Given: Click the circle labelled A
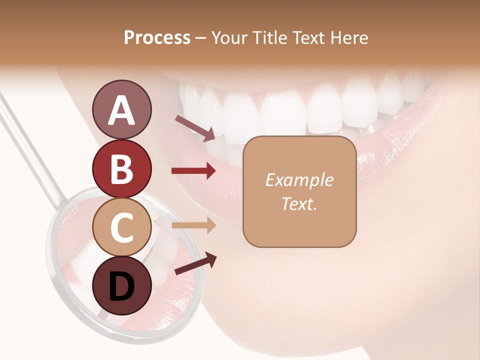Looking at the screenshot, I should click(121, 110).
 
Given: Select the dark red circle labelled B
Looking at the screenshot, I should click(121, 168).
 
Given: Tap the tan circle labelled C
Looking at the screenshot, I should click(121, 227).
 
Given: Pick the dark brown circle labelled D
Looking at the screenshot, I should click(121, 285).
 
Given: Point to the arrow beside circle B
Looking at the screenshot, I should click(193, 171).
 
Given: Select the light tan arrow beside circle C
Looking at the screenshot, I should click(193, 225).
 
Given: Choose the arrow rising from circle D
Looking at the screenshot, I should click(195, 264).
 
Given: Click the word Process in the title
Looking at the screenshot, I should click(157, 38).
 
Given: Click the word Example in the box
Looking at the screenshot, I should click(299, 180).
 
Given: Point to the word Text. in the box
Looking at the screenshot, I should click(299, 203).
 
